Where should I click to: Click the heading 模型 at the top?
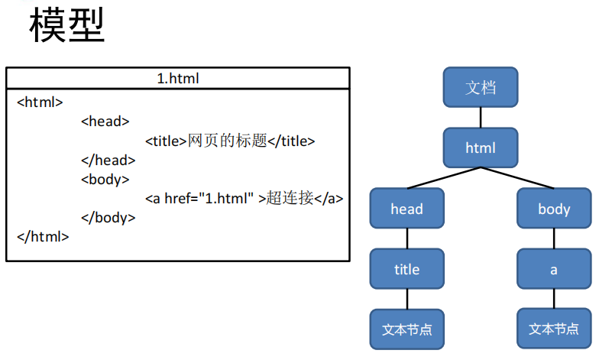tap(66, 27)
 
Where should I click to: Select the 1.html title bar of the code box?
tap(178, 78)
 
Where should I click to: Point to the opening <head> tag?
tap(105, 121)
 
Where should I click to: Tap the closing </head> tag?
tap(108, 160)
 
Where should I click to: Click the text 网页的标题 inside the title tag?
tap(228, 141)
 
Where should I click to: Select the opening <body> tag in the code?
tap(105, 179)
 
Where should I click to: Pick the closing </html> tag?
tap(43, 236)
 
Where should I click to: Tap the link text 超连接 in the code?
tap(290, 198)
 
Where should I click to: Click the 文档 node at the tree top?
tap(481, 87)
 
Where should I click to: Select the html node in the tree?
tap(481, 148)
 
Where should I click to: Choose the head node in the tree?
tap(406, 209)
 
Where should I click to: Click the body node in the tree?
tap(554, 209)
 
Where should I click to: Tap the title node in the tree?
tap(406, 269)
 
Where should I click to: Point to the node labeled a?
tap(554, 269)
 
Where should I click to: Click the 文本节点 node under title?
tap(406, 329)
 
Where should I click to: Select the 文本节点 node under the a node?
tap(554, 329)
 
